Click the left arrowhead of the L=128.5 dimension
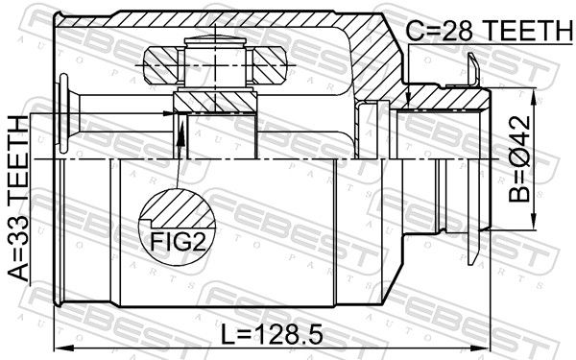point(60,348)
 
